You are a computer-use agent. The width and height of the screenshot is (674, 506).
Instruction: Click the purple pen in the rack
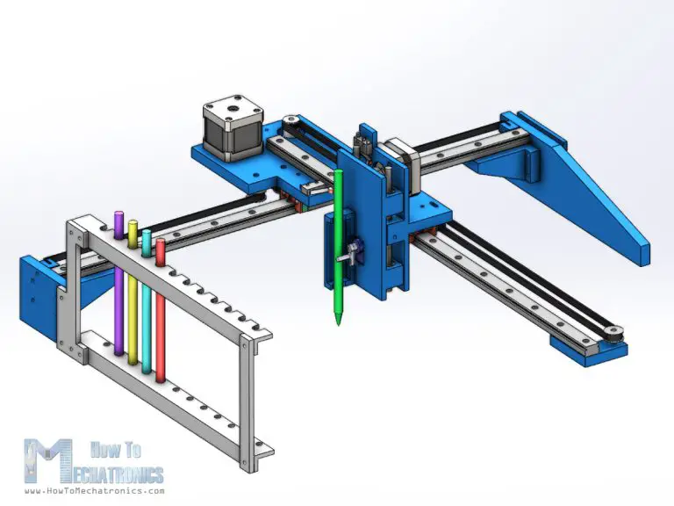[118, 290]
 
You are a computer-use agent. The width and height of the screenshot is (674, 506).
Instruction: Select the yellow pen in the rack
[133, 299]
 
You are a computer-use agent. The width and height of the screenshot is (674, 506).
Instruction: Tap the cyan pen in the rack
[147, 303]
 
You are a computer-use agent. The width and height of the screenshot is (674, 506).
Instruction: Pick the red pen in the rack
[161, 312]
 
